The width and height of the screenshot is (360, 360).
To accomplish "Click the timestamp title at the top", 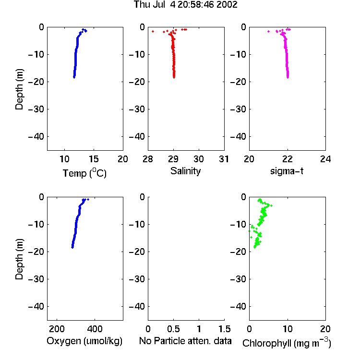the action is pos(185,5).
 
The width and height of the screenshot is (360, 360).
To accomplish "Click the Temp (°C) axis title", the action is pos(84,173).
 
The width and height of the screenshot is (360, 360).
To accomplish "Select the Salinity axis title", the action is pos(185,171).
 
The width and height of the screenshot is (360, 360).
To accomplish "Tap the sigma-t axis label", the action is pos(287,171).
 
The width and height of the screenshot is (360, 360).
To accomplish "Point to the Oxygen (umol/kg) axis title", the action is pos(84,341).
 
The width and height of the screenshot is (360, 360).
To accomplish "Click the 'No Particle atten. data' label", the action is pos(185,341).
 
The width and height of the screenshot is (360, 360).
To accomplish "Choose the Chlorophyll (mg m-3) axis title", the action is pos(287,343).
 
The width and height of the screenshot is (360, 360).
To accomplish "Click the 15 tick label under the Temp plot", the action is pos(94,159).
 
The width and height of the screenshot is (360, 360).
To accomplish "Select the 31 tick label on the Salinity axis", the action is pos(224,159).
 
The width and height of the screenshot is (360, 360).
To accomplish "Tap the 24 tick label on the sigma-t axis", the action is pos(325,159).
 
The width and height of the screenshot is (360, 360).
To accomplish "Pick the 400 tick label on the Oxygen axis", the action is pos(95,329).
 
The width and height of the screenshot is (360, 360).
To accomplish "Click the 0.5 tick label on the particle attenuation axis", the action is pos(174,329).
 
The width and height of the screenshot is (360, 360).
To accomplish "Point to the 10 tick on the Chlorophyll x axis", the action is pos(288,329).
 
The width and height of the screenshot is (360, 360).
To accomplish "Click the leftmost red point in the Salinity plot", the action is pos(153,32).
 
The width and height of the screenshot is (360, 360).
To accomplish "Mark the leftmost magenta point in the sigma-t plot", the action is pos(269,32).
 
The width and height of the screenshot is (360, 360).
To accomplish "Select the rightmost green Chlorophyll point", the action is pos(271,205).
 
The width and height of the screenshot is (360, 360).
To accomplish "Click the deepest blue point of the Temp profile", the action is pos(74,77).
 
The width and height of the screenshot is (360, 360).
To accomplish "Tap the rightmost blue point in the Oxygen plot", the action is pos(88,199).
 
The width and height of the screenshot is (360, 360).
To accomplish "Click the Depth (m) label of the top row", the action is pos(19,89).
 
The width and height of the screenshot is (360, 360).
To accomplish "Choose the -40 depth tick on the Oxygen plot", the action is pos(36,307).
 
